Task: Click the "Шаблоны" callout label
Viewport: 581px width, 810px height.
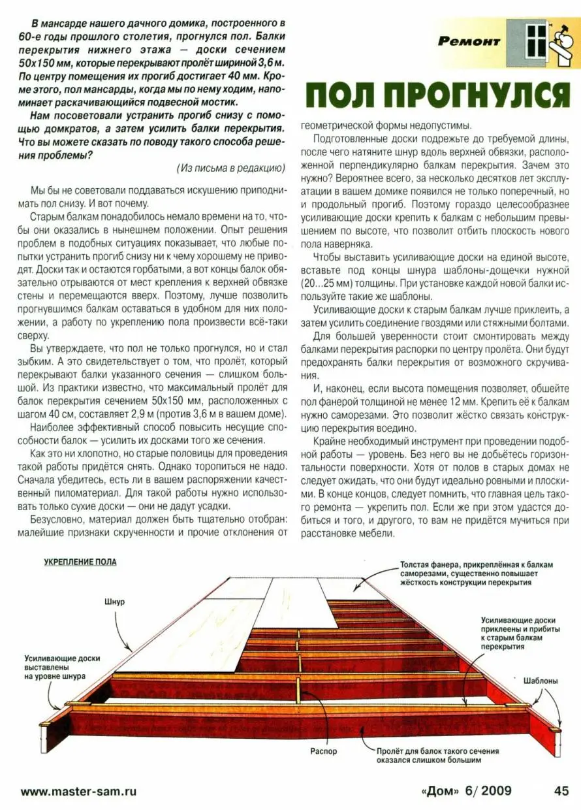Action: point(541,681)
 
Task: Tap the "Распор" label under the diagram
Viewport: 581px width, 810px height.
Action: point(324,751)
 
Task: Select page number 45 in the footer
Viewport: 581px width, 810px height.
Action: point(561,790)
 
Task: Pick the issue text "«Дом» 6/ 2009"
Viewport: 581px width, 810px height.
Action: point(467,790)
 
